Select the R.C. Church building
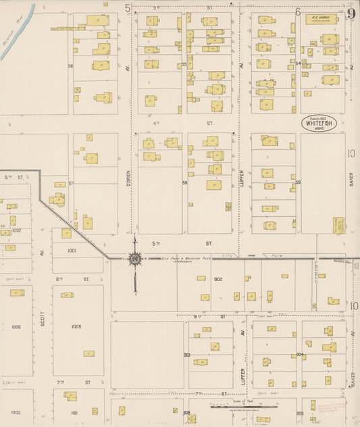point(321,19)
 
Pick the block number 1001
point(72,250)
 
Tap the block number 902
point(217,278)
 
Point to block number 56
point(70,66)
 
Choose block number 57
point(70,183)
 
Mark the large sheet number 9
point(351,13)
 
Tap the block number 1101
point(74,412)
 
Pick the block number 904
point(299,354)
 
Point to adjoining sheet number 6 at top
point(297,11)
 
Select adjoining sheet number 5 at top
point(127,8)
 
